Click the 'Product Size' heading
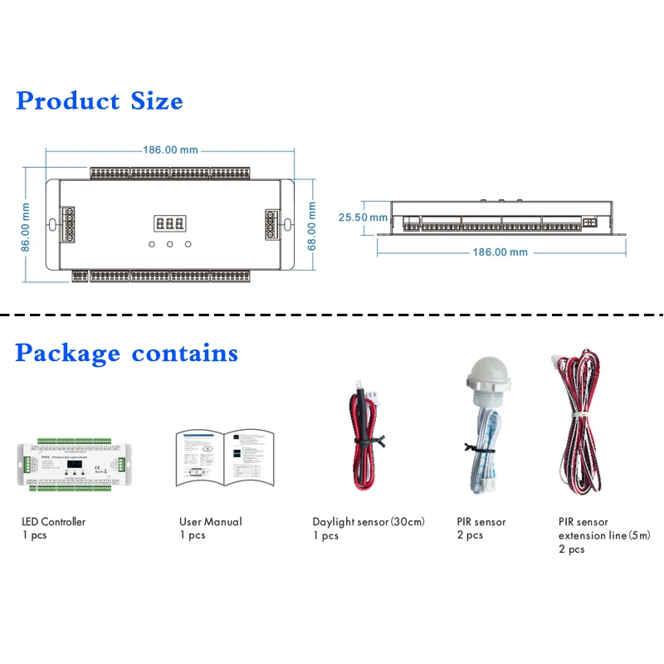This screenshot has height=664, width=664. click(x=100, y=101)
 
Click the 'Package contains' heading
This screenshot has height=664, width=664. click(x=126, y=353)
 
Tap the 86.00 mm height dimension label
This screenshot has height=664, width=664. click(x=26, y=226)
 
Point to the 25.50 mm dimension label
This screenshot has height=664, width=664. click(x=363, y=217)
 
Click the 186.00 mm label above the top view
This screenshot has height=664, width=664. click(x=171, y=150)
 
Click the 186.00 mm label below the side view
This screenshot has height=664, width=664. click(x=500, y=251)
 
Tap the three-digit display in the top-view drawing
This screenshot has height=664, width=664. click(x=169, y=223)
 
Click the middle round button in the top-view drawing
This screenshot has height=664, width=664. click(x=169, y=245)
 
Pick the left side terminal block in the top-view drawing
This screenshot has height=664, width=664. click(x=66, y=224)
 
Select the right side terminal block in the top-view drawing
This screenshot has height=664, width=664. click(x=271, y=224)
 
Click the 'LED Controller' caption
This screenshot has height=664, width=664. click(x=53, y=522)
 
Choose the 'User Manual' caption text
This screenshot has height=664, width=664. click(x=211, y=522)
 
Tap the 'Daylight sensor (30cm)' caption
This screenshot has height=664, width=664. click(x=369, y=522)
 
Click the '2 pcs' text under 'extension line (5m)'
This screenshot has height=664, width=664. click(x=571, y=549)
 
